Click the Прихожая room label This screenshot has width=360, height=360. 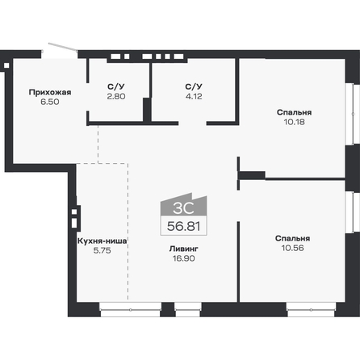[x=49, y=92]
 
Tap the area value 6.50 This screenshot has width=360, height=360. [x=49, y=103]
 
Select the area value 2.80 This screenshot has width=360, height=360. [x=115, y=96]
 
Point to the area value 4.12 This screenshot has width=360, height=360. [x=192, y=96]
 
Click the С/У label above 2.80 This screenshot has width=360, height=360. [x=115, y=86]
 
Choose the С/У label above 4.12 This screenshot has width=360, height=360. [x=192, y=86]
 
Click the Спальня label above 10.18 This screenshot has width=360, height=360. [x=291, y=112]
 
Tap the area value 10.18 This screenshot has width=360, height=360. [x=291, y=123]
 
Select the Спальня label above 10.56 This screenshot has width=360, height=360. [x=291, y=238]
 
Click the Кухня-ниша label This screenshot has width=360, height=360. [x=103, y=241]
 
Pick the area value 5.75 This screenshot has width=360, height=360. [x=103, y=251]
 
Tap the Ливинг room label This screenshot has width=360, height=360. [x=183, y=249]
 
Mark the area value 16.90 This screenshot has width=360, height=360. [x=183, y=260]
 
